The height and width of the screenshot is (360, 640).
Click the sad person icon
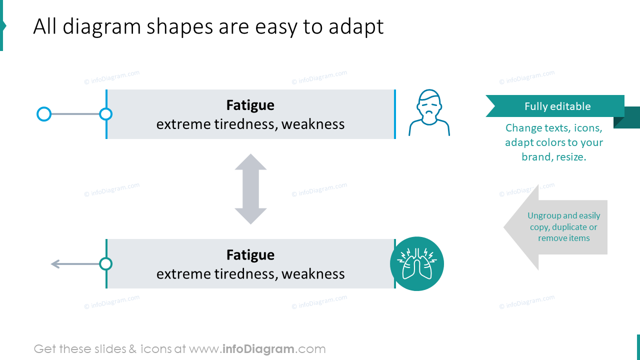[x=429, y=113]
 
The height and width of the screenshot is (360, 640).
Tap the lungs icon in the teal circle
[x=417, y=263]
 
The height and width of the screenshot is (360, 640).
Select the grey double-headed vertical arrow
[x=250, y=189]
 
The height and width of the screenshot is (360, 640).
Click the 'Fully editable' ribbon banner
[x=555, y=106]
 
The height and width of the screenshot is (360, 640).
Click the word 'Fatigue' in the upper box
[x=250, y=105]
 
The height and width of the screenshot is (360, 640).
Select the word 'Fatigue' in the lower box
[x=250, y=255]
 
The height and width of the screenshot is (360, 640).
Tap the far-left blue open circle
[x=44, y=114]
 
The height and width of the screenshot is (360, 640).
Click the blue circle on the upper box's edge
[x=105, y=114]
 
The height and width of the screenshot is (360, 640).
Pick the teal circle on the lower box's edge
[x=105, y=263]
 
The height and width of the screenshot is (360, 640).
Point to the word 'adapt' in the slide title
[x=356, y=27]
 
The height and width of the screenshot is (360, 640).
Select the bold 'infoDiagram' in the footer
[x=257, y=349]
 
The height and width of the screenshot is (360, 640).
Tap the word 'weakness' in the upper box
[x=313, y=124]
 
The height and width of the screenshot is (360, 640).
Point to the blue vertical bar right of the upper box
[x=395, y=114]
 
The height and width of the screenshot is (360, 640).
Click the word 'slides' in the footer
[x=108, y=349]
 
